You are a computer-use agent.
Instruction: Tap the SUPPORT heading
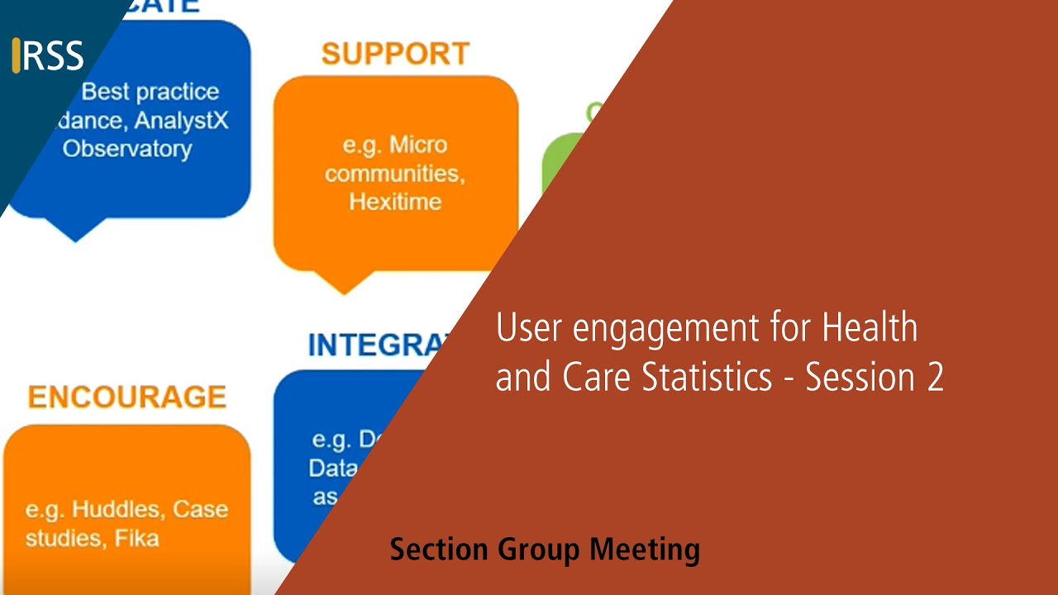coord(395,55)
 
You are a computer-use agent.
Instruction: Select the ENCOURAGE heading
coord(126,397)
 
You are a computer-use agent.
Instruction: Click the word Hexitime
coord(395,202)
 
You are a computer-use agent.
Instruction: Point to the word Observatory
coord(127,149)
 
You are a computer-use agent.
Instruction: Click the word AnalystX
coord(181,120)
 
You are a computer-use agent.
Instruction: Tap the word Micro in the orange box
coord(418,145)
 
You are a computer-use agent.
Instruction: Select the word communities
coord(392,174)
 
